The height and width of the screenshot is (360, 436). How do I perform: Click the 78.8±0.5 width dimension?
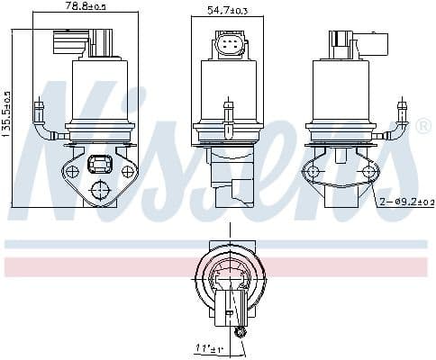pos(86,8)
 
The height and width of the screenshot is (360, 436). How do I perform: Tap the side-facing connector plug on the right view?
pos(355,41)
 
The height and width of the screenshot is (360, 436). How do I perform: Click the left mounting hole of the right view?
pos(313,171)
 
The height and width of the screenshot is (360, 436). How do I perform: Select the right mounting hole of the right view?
pos(368,171)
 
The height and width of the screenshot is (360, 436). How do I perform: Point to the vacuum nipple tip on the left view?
pos(39,106)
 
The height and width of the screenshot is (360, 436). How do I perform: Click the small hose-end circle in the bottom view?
pos(241,333)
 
